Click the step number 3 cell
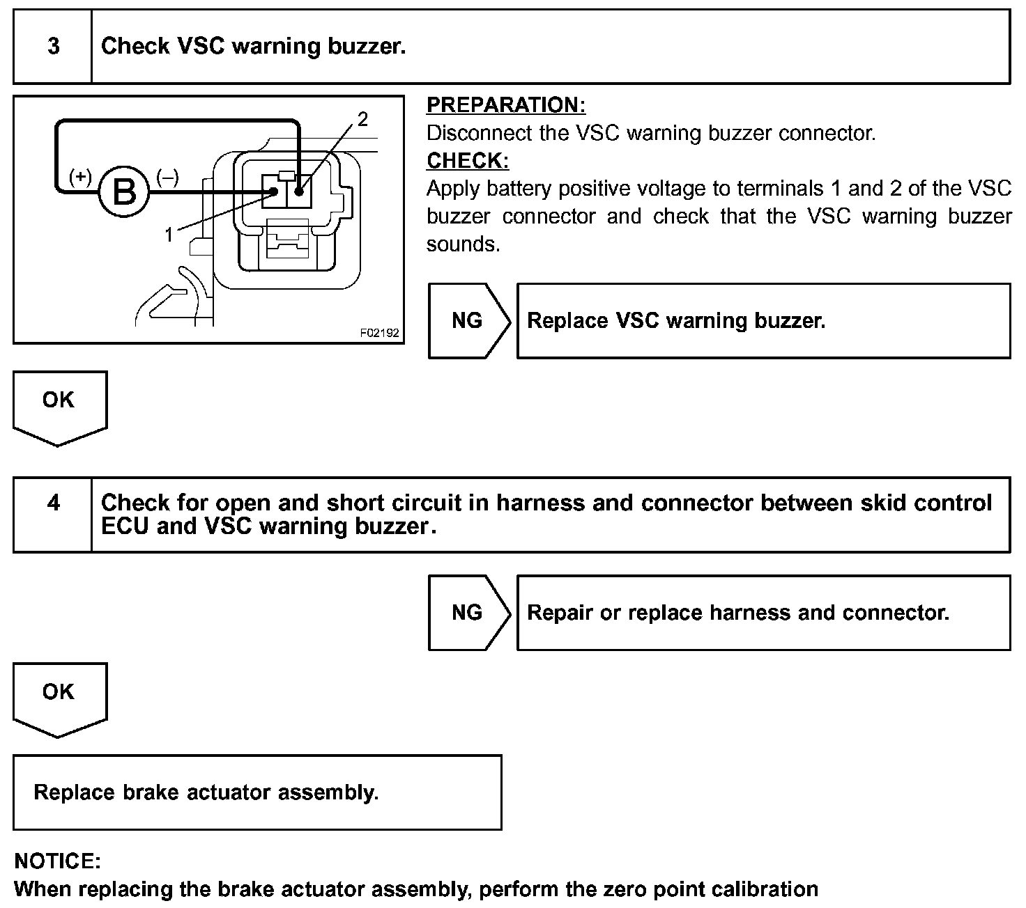click(x=53, y=47)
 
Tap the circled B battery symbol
click(x=124, y=191)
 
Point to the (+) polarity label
click(x=80, y=177)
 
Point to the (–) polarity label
click(x=167, y=177)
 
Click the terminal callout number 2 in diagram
click(x=362, y=120)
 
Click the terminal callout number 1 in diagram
click(x=168, y=235)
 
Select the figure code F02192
click(x=380, y=333)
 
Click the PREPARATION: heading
click(x=505, y=105)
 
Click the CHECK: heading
click(x=467, y=161)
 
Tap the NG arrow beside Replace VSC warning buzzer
click(x=468, y=321)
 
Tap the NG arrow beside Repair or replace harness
click(x=468, y=613)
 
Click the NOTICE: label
click(x=57, y=861)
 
